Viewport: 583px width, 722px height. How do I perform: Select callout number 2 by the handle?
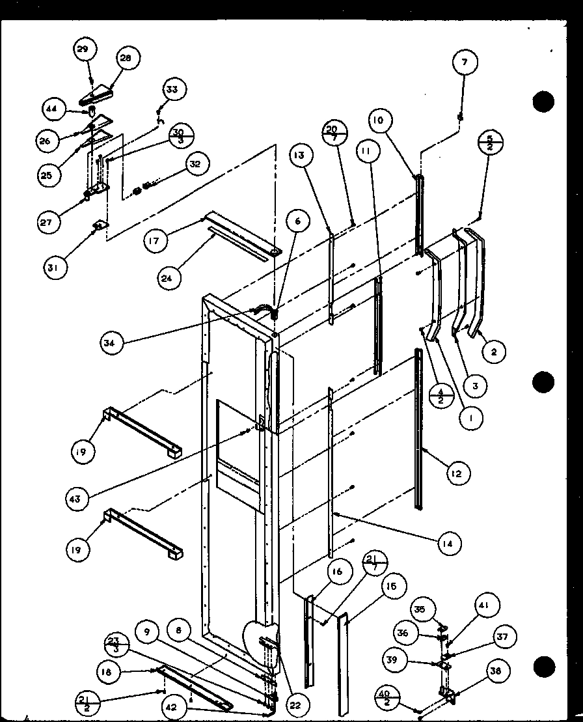tap(494, 352)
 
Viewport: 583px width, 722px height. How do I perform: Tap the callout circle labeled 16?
tap(338, 573)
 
